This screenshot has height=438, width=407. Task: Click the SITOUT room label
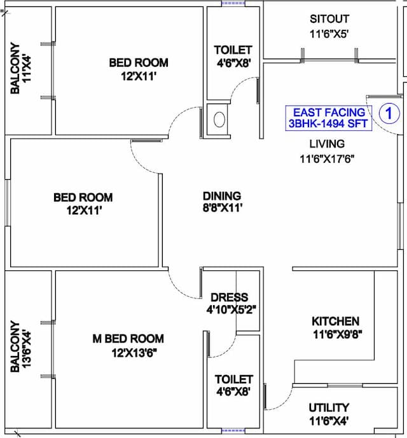(329, 19)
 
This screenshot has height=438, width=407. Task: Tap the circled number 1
(389, 113)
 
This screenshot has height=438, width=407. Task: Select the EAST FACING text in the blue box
(329, 113)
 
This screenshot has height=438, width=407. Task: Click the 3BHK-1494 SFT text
(328, 123)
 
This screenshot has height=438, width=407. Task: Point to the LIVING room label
(327, 144)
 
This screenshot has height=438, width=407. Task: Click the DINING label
(222, 196)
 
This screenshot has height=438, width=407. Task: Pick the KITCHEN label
(335, 321)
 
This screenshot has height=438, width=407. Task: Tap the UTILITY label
(329, 408)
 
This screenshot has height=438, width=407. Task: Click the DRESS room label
(229, 298)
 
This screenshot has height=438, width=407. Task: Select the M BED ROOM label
(128, 339)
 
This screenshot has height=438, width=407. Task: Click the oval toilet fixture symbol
(219, 120)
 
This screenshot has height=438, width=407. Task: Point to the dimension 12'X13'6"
(134, 353)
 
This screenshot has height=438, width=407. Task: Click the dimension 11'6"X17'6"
(327, 159)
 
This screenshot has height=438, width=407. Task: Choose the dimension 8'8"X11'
(223, 208)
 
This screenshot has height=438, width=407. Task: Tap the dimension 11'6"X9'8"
(338, 334)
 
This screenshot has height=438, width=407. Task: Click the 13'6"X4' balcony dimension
(26, 350)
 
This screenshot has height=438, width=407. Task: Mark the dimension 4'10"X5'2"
(231, 310)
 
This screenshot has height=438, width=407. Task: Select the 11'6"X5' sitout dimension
(329, 34)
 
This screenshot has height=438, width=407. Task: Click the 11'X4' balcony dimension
(27, 68)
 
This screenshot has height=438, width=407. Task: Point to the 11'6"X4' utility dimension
(329, 421)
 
